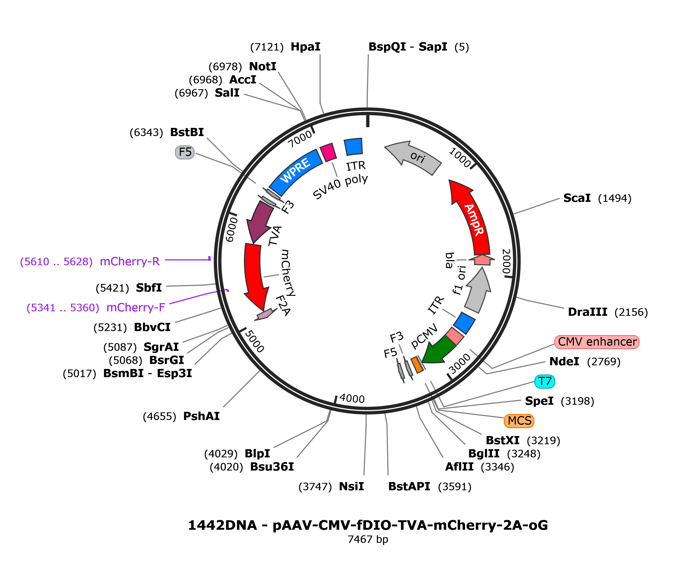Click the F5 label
185,152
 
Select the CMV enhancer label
597,342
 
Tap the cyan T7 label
545,382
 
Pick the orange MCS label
519,421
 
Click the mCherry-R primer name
130,262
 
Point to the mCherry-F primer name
135,307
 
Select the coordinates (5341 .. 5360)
63,307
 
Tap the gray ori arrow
416,157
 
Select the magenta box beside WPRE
328,152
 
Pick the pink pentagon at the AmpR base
482,260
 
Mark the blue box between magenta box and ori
353,147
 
